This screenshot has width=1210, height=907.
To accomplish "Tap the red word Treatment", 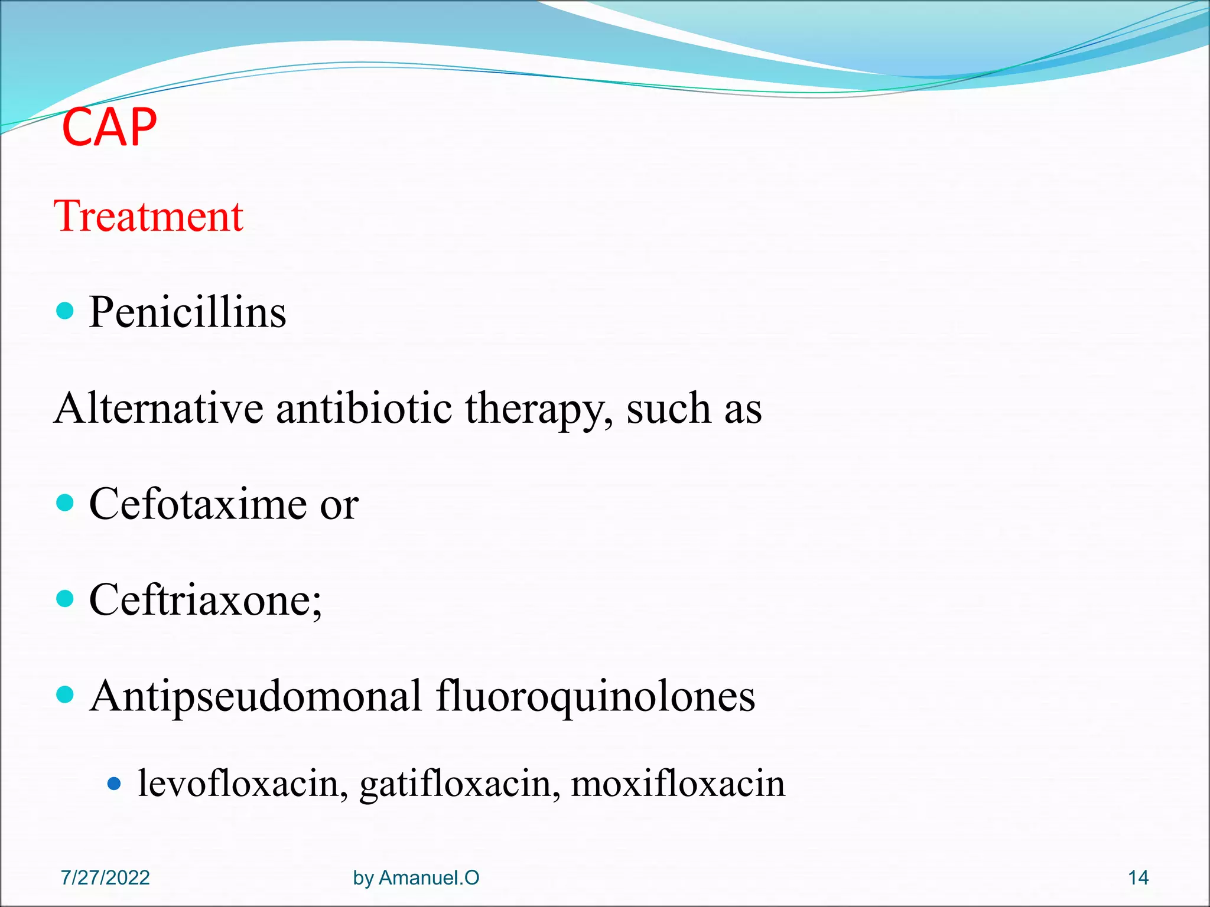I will click(x=148, y=216).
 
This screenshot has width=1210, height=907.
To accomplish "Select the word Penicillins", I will click(x=187, y=312).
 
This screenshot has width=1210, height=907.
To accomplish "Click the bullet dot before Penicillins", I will click(x=65, y=311).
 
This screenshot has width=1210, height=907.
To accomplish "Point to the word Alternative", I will click(x=158, y=408).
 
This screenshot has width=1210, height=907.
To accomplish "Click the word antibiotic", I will click(x=364, y=408).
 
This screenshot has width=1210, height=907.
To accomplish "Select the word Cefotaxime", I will click(x=198, y=504).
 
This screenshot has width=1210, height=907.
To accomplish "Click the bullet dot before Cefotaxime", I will click(x=65, y=503).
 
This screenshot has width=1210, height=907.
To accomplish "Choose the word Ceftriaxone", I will click(x=205, y=600).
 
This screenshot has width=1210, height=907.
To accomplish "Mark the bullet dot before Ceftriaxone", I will click(x=65, y=599).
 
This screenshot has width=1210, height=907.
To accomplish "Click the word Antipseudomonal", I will click(x=256, y=696).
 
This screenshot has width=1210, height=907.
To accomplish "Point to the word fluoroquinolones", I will click(x=596, y=696).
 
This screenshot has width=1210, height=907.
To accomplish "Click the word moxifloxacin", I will click(x=678, y=784).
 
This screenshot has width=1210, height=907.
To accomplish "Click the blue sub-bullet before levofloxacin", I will click(x=115, y=784).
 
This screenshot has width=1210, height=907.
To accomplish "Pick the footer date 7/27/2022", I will click(x=105, y=878).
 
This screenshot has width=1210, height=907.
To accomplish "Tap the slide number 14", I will click(x=1138, y=878).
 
